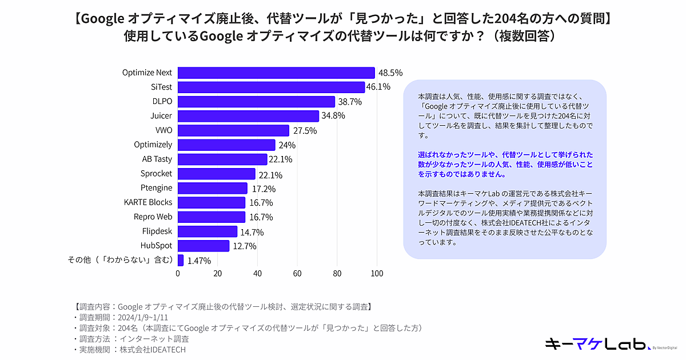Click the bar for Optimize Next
point(276,73)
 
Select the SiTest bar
point(271,87)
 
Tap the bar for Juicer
point(248,116)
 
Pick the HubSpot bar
point(204,246)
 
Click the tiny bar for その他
point(181,261)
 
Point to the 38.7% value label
point(349,102)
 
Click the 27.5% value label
point(305,131)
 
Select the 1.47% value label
point(199,261)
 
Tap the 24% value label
point(287,145)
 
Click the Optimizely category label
point(153,145)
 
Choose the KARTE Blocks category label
point(148,202)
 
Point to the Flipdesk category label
point(157,231)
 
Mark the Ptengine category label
point(156,188)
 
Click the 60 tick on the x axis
point(297,274)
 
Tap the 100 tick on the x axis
point(377,274)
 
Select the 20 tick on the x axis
point(218,274)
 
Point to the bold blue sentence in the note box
point(506,165)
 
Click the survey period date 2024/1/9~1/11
point(142,317)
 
